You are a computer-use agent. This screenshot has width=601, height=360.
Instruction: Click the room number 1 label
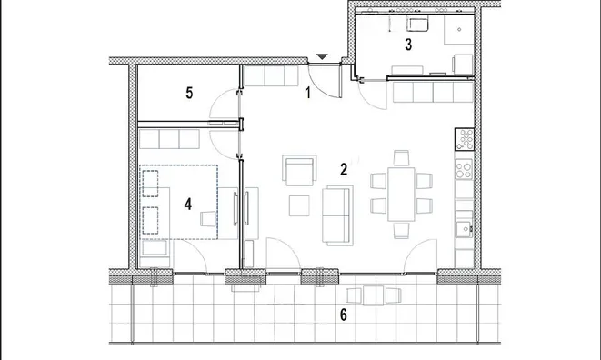pos(307,93)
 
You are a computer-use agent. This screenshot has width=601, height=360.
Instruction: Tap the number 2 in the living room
pos(344,169)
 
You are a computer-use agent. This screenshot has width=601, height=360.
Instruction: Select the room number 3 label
pos(408,45)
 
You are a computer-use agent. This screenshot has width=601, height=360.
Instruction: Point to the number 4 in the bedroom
pos(188,205)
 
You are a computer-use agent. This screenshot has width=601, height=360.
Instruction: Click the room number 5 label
pos(189,93)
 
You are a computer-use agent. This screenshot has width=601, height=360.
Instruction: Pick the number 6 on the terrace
pos(344,315)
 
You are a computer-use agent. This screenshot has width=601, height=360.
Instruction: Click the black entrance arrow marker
pos(323,57)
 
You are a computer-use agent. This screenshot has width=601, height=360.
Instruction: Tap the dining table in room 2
pos(401,194)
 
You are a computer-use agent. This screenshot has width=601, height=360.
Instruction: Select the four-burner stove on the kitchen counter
pos(464,169)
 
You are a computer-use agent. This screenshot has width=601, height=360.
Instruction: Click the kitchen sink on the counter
pos(465,229)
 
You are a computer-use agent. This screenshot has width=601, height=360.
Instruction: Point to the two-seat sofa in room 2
pos(337,215)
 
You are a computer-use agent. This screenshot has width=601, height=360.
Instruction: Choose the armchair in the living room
pos(299,171)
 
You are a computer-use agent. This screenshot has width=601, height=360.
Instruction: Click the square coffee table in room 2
pos(299,205)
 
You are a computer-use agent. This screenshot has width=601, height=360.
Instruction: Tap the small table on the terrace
pos(374,295)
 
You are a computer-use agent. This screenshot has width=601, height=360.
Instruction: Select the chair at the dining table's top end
pos(401,158)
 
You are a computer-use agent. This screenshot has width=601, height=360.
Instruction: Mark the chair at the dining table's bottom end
pos(401,231)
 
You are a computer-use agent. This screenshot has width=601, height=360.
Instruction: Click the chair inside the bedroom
pos(208,218)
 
